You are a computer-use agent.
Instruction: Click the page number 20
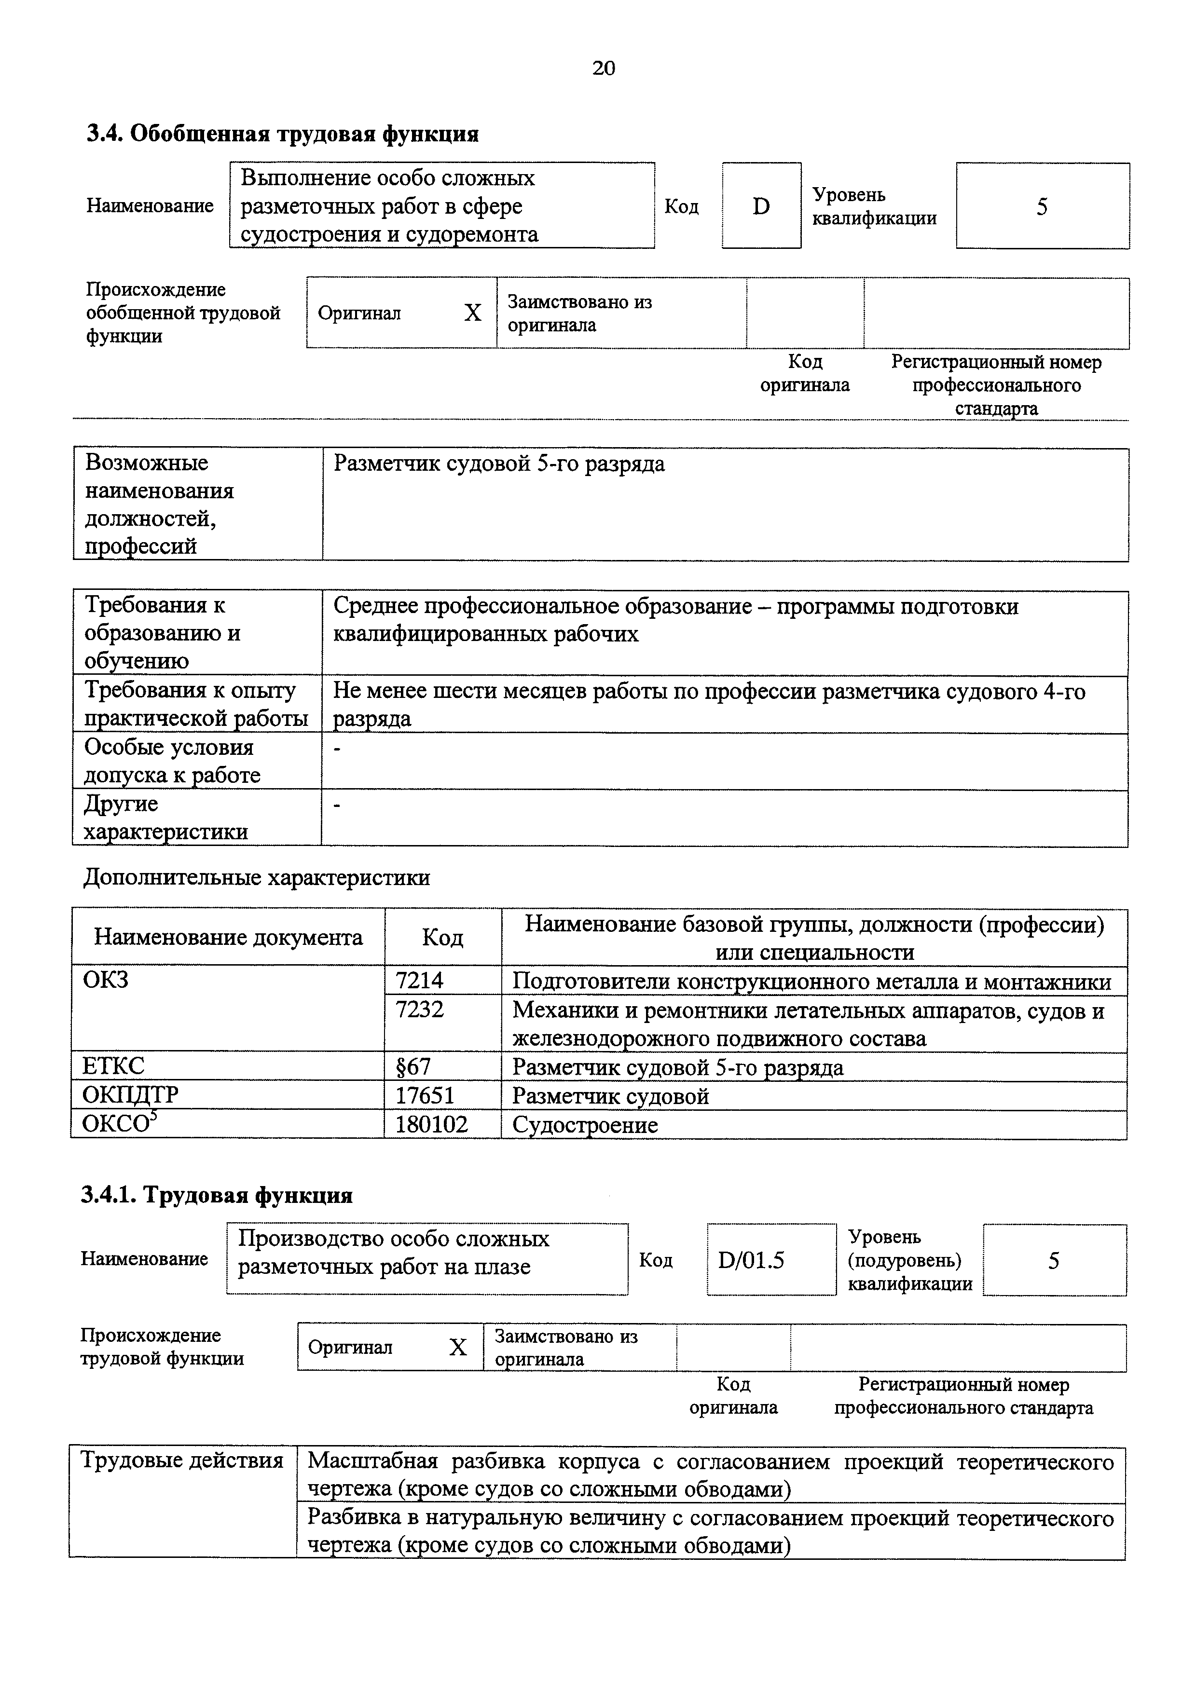coord(603,68)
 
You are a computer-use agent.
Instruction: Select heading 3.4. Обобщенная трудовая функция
coord(283,134)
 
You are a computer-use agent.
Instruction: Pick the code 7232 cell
coord(420,1010)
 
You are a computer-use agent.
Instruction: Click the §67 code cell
coord(413,1067)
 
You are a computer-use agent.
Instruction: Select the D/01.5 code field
coord(751,1260)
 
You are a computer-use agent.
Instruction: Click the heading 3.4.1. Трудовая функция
coord(217,1195)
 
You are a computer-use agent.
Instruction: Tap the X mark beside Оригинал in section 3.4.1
coord(458,1348)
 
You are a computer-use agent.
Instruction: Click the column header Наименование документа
coord(228,937)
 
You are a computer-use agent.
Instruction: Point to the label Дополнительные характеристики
coord(257,878)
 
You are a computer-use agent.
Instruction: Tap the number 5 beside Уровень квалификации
coord(1041,207)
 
